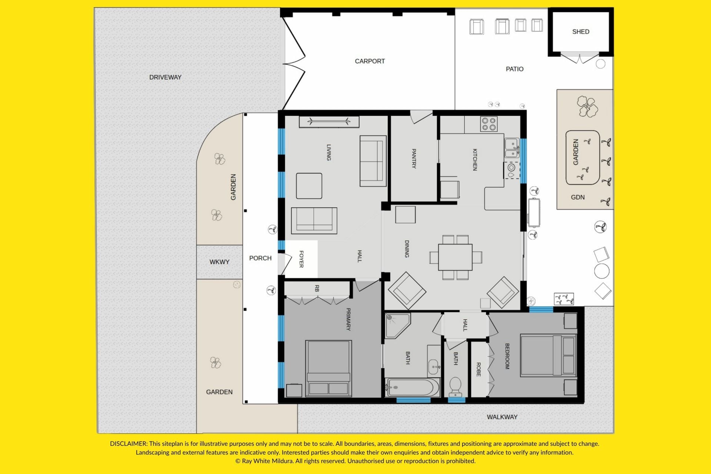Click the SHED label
pyautogui.click(x=581, y=32)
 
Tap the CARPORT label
pyautogui.click(x=370, y=61)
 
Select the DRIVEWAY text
pyautogui.click(x=165, y=77)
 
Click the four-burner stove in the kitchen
pyautogui.click(x=489, y=124)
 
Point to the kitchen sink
pyautogui.click(x=512, y=148)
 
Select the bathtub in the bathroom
pyautogui.click(x=412, y=388)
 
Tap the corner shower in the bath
pyautogui.click(x=397, y=326)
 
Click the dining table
pyautogui.click(x=455, y=257)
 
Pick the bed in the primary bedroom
pyautogui.click(x=328, y=368)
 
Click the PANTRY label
pyautogui.click(x=414, y=158)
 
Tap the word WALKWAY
pyautogui.click(x=502, y=417)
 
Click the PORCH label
pyautogui.click(x=260, y=258)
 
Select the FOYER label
pyautogui.click(x=301, y=259)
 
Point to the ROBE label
pyautogui.click(x=478, y=370)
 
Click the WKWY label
pyautogui.click(x=219, y=262)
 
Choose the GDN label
pyautogui.click(x=578, y=197)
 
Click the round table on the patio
pyautogui.click(x=602, y=271)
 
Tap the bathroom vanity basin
pyautogui.click(x=434, y=367)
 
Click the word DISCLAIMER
pyautogui.click(x=128, y=444)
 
